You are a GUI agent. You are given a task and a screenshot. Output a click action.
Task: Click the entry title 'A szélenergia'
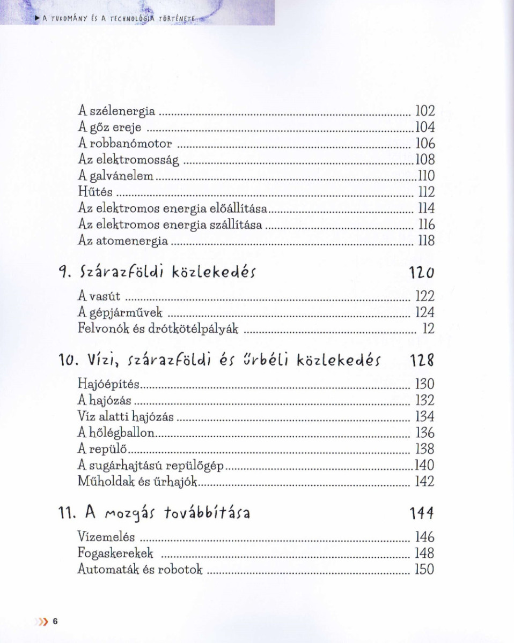coord(116,111)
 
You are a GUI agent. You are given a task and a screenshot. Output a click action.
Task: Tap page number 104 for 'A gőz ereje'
coord(425,128)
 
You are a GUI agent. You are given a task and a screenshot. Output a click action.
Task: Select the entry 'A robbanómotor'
coord(125,144)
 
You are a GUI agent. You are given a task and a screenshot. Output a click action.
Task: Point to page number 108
coord(425,160)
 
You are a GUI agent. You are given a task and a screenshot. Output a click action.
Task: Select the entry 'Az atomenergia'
coord(123,241)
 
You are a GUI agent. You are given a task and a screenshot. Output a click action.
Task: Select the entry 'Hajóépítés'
coord(109,384)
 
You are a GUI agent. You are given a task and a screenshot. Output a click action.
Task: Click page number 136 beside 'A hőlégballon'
coord(425,432)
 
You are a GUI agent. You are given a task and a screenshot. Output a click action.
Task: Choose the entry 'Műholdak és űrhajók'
coord(138,481)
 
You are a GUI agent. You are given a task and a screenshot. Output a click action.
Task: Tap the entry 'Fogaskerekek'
coord(116,554)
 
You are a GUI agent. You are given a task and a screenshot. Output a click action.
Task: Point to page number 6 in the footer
coord(55,622)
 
